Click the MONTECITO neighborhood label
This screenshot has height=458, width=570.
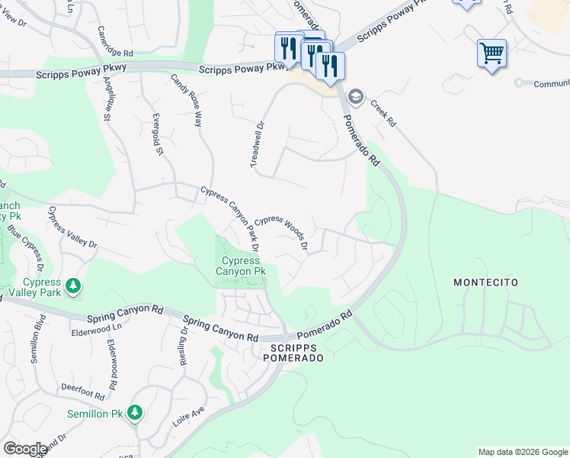click(x=485, y=282)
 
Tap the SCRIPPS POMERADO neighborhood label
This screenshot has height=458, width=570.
click(x=292, y=352)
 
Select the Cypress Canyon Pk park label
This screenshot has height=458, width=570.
click(x=239, y=265)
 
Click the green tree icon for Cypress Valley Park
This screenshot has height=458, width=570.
click(x=73, y=286)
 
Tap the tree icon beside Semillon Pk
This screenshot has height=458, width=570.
click(x=135, y=413)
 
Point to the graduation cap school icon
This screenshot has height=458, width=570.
click(x=355, y=98)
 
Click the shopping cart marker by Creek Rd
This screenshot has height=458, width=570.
click(x=492, y=53)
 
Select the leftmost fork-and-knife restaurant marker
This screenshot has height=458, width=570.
click(x=287, y=48)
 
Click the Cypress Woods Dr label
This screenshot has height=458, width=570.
click(x=281, y=231)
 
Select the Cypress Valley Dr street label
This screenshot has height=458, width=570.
click(x=73, y=227)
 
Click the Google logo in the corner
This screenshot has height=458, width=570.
click(x=24, y=449)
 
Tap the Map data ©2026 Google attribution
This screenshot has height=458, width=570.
click(x=522, y=452)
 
